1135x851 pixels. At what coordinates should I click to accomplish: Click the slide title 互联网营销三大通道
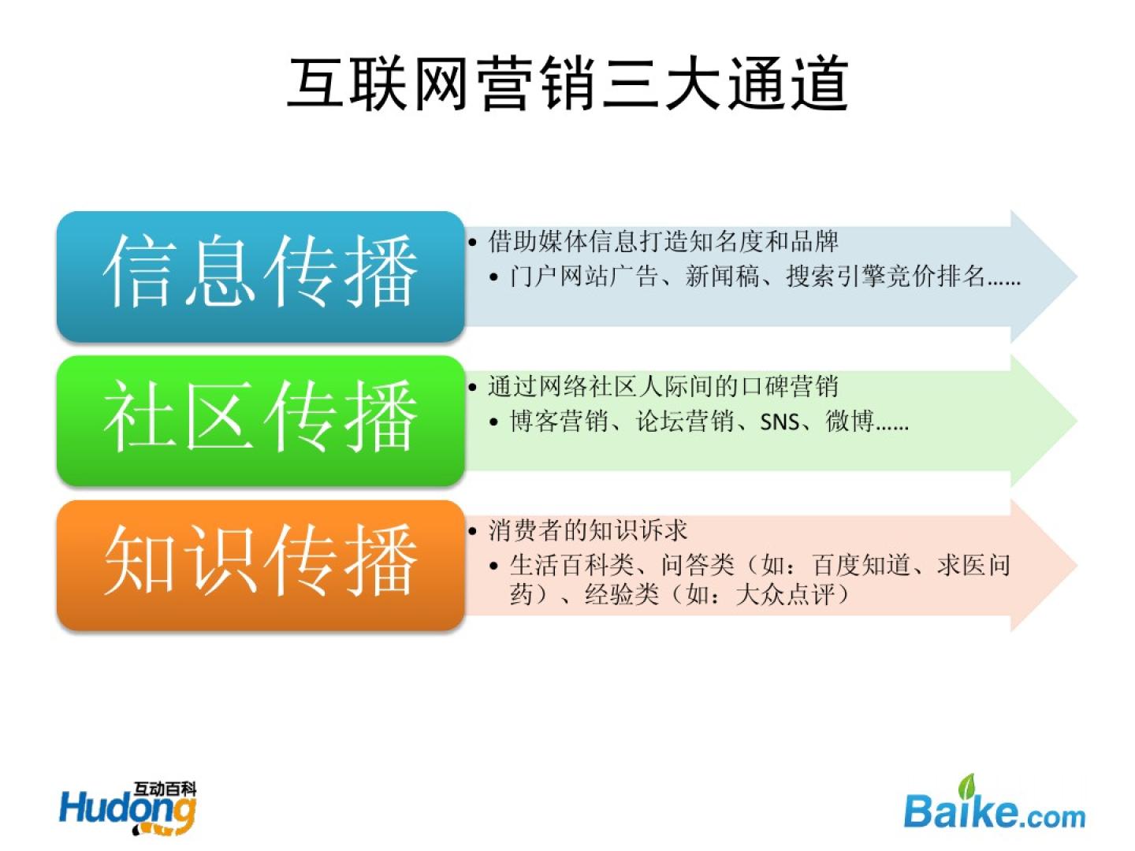coord(567,84)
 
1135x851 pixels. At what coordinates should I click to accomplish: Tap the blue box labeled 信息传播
coord(261,276)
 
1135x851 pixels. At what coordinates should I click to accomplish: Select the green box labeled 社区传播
coord(261,421)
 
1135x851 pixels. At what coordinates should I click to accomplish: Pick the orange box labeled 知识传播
coord(261,565)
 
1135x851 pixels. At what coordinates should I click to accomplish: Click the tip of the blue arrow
coord(1077,277)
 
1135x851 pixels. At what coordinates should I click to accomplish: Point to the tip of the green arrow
coord(1077,421)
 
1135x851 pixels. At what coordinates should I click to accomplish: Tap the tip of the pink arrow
coord(1077,566)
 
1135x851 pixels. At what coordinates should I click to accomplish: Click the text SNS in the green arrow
coord(780,422)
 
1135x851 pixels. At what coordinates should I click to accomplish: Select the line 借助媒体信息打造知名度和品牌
coord(663,241)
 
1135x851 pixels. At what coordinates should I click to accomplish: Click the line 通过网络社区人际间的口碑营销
coord(663,386)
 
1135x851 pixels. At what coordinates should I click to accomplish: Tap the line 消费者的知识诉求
coord(587,530)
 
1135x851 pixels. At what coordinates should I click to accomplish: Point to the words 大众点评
coord(785,595)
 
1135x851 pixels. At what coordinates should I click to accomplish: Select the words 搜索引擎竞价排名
coord(885,276)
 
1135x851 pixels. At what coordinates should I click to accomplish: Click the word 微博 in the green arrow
coord(850,421)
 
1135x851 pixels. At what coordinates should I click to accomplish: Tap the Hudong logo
coord(128,808)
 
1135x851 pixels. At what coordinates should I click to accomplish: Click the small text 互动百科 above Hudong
coord(165,789)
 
